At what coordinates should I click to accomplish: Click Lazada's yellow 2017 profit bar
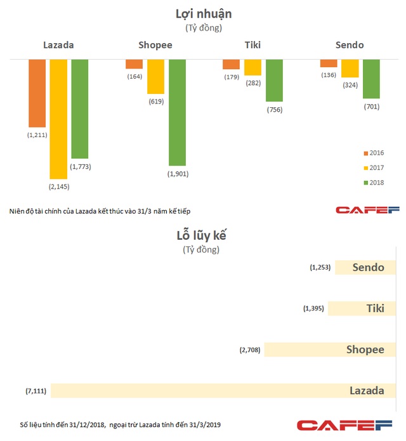pos(58,119)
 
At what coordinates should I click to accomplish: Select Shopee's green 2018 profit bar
pos(177,112)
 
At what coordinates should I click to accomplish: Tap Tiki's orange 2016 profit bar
pos(231,64)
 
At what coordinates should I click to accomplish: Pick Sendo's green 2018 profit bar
pos(371,79)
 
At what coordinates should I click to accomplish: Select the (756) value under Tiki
pos(274,110)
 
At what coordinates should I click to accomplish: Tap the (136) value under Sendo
pos(329,75)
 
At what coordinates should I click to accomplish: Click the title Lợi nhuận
pos(203,14)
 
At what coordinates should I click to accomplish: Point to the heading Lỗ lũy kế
pos(202,235)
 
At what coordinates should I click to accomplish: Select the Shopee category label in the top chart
pos(155,45)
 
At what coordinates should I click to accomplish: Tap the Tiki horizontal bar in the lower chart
pos(365,308)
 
